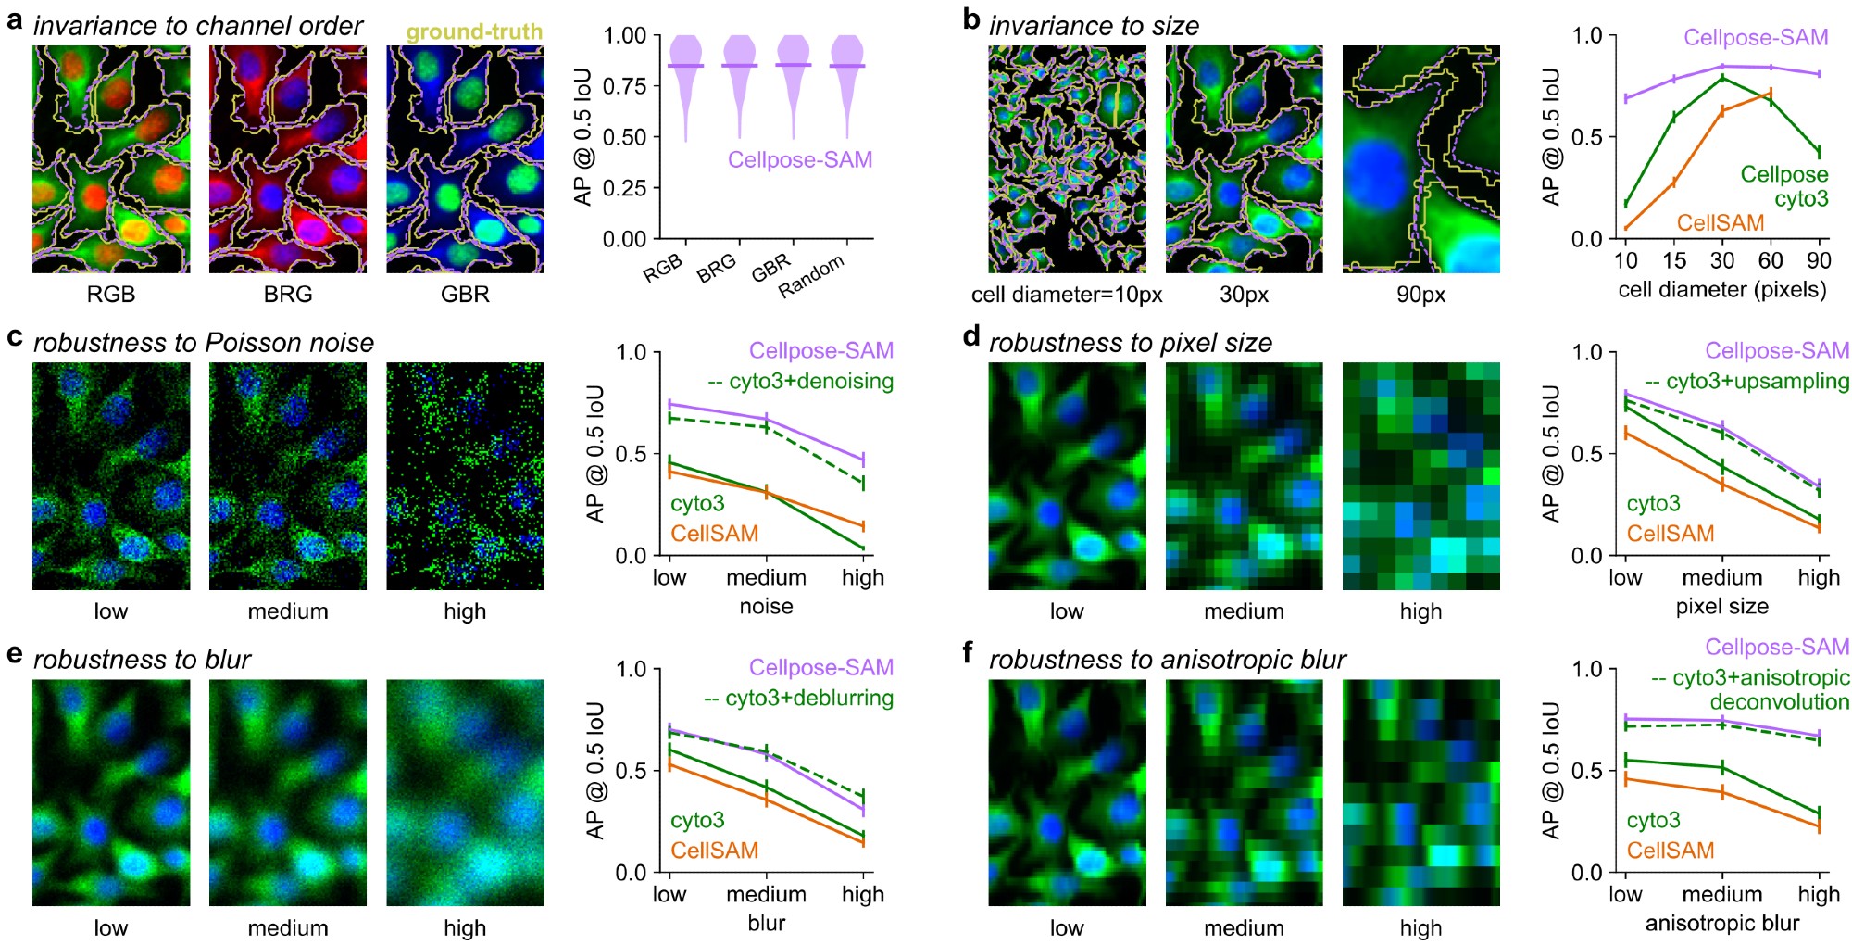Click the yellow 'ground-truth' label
(474, 31)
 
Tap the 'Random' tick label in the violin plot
(811, 276)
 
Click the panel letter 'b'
(971, 19)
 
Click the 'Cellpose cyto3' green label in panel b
(1783, 186)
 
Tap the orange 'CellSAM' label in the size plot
(1721, 223)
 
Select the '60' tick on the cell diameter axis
(1771, 260)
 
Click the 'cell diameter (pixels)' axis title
(1722, 290)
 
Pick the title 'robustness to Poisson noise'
(204, 343)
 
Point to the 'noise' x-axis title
(766, 606)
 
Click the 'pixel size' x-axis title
(1722, 606)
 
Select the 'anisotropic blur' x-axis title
(1722, 923)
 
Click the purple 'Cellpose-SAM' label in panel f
(1777, 647)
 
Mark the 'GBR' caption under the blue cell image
(465, 295)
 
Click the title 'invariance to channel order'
(198, 26)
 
